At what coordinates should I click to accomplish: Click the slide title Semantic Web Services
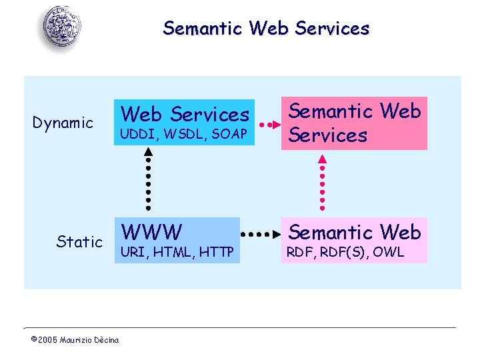[x=265, y=29]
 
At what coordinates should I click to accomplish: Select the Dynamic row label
[x=63, y=123]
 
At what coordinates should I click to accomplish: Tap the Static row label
[x=79, y=242]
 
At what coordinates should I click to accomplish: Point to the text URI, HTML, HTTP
[x=176, y=253]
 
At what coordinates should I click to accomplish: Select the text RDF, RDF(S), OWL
[x=345, y=253]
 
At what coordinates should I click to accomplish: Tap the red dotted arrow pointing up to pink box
[x=323, y=181]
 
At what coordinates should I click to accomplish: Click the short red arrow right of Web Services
[x=267, y=124]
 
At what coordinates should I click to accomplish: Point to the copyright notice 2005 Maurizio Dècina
[x=75, y=340]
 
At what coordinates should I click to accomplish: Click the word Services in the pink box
[x=327, y=135]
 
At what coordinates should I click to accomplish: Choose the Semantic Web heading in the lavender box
[x=354, y=233]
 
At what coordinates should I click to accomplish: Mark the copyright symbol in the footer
[x=33, y=340]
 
